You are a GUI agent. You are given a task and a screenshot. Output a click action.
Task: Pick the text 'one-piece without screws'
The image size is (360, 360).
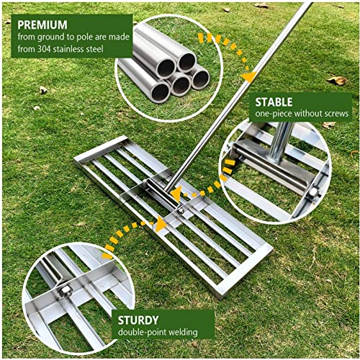pos(302,114)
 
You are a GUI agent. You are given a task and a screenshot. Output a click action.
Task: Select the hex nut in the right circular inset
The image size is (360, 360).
pos(315,193)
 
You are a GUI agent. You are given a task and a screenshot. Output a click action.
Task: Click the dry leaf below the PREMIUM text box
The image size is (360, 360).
pos(43,90)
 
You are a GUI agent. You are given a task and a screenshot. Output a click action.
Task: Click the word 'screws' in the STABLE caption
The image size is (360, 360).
pos(335,114)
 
